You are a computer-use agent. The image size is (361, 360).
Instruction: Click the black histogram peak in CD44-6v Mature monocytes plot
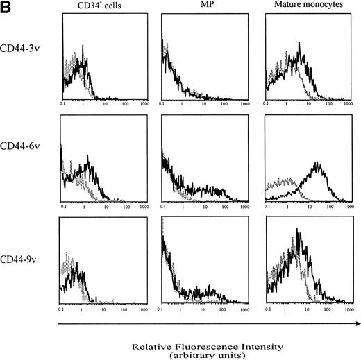[318, 164]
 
